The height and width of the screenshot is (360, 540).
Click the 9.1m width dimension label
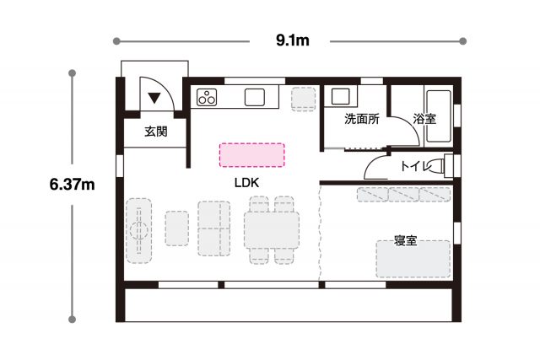pyautogui.click(x=293, y=40)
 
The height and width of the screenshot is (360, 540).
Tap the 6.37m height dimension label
pyautogui.click(x=72, y=185)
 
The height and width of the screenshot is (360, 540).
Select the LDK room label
pyautogui.click(x=246, y=183)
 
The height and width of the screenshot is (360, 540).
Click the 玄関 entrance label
pyautogui.click(x=156, y=132)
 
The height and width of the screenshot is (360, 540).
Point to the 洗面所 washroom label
pyautogui.click(x=362, y=119)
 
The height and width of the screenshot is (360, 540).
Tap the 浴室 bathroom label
pyautogui.click(x=424, y=119)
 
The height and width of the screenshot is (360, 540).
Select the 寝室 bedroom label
pyautogui.click(x=406, y=240)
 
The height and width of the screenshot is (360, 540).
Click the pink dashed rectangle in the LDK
pyautogui.click(x=252, y=155)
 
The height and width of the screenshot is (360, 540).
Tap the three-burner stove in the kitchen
pyautogui.click(x=207, y=97)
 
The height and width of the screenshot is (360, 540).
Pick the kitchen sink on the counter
pyautogui.click(x=255, y=97)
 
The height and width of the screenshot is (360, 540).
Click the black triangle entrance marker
pyautogui.click(x=154, y=98)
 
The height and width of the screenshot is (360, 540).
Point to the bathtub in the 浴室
pyautogui.click(x=439, y=116)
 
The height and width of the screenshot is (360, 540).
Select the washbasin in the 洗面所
pyautogui.click(x=340, y=96)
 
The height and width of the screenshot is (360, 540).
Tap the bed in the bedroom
pyautogui.click(x=413, y=259)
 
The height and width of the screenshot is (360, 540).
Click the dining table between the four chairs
pyautogui.click(x=272, y=229)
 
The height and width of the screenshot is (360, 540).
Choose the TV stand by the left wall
pyautogui.click(x=138, y=231)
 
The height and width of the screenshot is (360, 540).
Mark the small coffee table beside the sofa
pyautogui.click(x=176, y=228)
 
